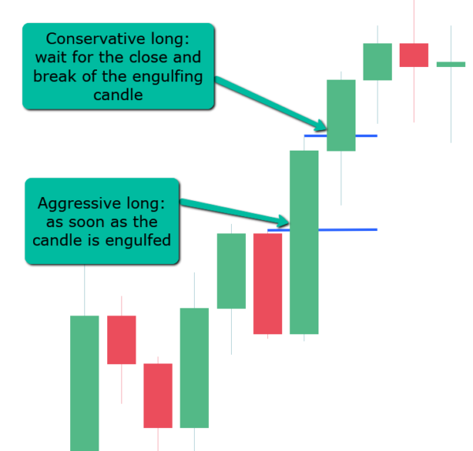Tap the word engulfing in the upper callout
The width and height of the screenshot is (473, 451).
coord(167,77)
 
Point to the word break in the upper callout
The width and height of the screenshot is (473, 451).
coord(54,76)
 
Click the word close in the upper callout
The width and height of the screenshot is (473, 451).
coord(147,57)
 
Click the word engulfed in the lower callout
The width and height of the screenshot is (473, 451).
coord(138,241)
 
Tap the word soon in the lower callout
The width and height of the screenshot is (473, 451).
coord(88,222)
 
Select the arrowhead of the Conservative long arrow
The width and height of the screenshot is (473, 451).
coord(321,126)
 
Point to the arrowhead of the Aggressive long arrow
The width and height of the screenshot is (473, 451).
coord(284,222)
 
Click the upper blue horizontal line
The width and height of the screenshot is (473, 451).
coord(341,136)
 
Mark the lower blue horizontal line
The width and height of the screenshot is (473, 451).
coord(322,230)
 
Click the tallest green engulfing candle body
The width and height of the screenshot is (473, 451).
coord(304,242)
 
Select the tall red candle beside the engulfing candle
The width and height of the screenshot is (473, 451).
coord(267,284)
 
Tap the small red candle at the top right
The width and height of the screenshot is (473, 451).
coord(414,55)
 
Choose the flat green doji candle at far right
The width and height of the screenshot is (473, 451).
coord(451,64)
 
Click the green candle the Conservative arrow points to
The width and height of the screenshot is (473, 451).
coord(341,115)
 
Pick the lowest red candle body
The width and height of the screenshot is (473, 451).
coord(158,396)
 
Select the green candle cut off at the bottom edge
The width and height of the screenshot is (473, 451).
coord(84,383)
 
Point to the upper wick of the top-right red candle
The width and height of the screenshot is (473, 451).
coord(414,22)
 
